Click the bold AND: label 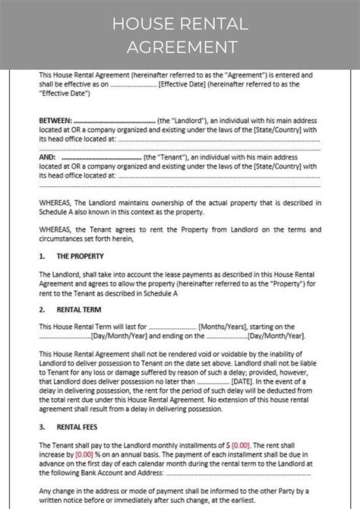pyautogui.click(x=48, y=156)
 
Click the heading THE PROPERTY pyautogui.click(x=75, y=256)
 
